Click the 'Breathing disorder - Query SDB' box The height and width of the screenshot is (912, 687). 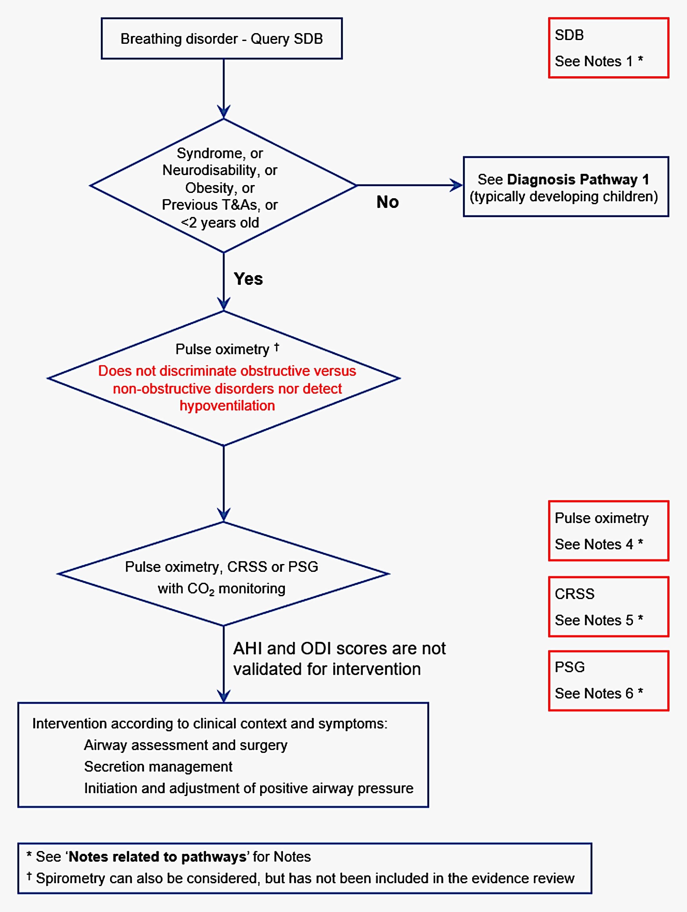[221, 39]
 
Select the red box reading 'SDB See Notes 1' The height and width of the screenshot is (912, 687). [608, 48]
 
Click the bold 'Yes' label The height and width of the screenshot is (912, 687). [248, 279]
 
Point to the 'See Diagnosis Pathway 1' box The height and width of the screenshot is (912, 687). [565, 187]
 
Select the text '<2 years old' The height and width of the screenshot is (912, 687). [220, 223]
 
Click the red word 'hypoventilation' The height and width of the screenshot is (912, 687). [227, 406]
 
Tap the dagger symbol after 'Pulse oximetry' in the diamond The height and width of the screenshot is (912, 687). [277, 347]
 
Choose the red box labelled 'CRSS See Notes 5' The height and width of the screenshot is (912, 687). [608, 607]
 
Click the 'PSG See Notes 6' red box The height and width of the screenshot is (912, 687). [608, 681]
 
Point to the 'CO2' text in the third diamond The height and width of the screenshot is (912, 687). [201, 589]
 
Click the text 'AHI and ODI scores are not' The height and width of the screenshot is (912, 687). [339, 648]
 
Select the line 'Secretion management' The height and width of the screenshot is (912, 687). [158, 766]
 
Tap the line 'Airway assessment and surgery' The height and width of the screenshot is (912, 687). [185, 745]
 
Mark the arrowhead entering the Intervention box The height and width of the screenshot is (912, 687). [224, 696]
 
